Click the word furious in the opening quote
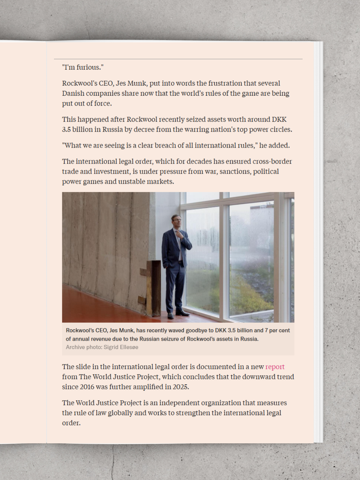pyautogui.click(x=88, y=67)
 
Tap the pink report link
pyautogui.click(x=275, y=367)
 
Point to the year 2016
pyautogui.click(x=89, y=387)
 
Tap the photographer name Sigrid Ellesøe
pyautogui.click(x=121, y=347)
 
